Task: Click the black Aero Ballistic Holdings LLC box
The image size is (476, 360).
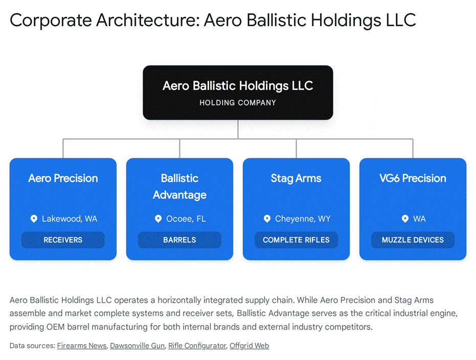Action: pos(238,93)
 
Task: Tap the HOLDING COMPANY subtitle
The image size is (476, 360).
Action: pos(238,103)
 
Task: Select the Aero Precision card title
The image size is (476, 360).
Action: pos(63,178)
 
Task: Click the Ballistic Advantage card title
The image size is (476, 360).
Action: pos(180,186)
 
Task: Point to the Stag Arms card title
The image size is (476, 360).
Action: pos(296,178)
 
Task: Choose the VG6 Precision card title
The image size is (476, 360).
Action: pos(413,178)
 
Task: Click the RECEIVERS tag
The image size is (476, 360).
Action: pos(63,240)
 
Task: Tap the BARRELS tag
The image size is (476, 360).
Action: pos(180,240)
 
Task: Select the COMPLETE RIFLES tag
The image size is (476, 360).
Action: pos(297,240)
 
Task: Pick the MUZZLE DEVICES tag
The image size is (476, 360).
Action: pos(413,240)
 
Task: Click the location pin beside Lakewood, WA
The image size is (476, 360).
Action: pos(34,219)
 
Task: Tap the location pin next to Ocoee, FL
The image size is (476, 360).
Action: pos(158,219)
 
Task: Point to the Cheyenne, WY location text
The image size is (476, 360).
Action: pos(303,219)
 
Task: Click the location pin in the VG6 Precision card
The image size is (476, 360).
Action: pos(405,219)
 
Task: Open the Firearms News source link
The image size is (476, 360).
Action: pos(82,346)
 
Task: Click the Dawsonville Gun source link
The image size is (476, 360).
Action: pos(137,346)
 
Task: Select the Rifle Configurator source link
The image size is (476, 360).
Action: pos(197,346)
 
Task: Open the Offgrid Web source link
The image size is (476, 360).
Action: pos(249,346)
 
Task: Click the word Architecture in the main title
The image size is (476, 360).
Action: pos(148,20)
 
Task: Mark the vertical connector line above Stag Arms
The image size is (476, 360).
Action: pos(297,148)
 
